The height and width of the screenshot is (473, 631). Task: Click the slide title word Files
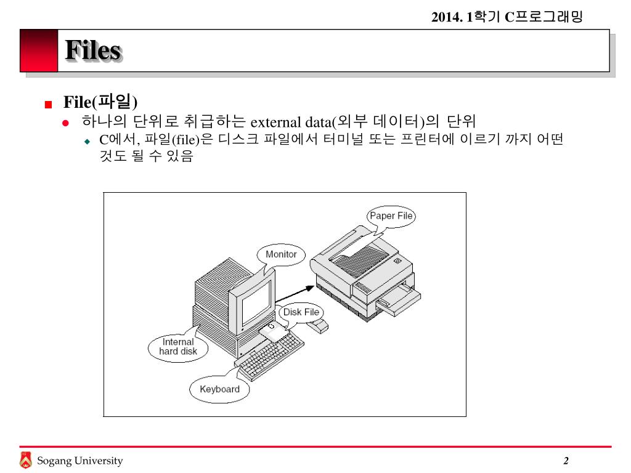(x=94, y=51)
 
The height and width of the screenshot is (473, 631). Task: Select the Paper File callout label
(x=391, y=216)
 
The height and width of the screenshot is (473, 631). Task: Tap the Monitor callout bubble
(x=281, y=254)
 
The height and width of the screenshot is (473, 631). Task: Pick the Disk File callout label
(x=301, y=312)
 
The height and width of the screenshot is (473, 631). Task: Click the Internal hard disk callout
(x=178, y=347)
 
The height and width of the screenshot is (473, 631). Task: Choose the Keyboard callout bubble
(x=219, y=389)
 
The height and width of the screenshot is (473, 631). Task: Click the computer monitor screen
(x=256, y=302)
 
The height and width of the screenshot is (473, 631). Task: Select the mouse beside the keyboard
(x=318, y=326)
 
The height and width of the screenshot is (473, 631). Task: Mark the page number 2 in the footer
(x=566, y=461)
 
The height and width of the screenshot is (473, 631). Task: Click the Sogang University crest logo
(x=25, y=459)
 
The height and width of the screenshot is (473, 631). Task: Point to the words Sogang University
(x=79, y=461)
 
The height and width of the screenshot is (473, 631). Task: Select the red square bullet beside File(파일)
(x=48, y=105)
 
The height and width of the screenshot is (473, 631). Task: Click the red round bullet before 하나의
(x=65, y=123)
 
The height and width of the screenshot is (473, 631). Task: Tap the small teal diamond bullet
(x=88, y=142)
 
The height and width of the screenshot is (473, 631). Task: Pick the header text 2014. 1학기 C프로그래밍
(x=507, y=17)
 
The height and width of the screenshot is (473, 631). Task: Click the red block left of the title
(x=39, y=51)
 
